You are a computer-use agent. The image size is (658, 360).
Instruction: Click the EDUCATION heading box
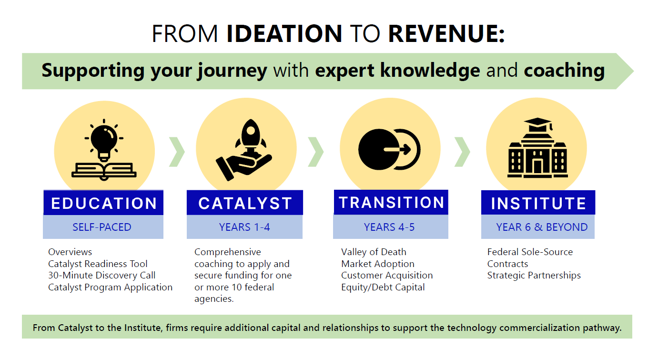[104, 203]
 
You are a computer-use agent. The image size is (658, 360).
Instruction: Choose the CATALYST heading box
[245, 203]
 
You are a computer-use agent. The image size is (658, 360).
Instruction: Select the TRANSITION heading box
[391, 202]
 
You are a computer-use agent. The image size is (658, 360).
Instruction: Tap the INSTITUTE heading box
[538, 203]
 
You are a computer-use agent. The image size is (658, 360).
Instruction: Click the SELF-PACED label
[102, 227]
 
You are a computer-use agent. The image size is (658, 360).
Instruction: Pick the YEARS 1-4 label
[244, 227]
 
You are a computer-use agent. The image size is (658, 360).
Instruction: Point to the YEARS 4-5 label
[389, 227]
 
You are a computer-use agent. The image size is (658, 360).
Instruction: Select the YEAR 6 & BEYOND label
[542, 227]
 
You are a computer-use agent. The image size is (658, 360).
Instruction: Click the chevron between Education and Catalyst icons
[177, 152]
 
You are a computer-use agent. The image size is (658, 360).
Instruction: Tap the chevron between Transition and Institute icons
[462, 152]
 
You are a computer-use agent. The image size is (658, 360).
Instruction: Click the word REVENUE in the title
[446, 34]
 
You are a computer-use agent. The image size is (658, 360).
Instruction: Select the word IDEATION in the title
[284, 34]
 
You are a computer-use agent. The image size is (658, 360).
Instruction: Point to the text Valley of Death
[374, 252]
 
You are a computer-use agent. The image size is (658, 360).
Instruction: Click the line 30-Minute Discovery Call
[101, 275]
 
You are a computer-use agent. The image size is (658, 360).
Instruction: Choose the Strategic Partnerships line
[534, 275]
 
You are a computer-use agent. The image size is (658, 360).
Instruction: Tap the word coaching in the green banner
[564, 71]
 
